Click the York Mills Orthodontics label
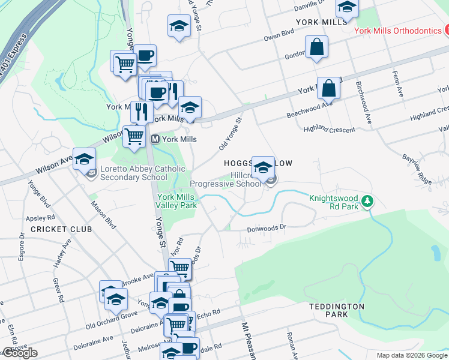point(397,30)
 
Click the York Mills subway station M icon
point(155,139)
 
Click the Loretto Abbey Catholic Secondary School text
point(134,173)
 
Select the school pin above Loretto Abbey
point(85,159)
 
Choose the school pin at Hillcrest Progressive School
point(263,167)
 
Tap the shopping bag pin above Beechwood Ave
point(328,89)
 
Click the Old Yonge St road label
point(230,134)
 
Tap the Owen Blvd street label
point(279,36)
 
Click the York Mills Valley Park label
point(177,201)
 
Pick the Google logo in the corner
point(20,353)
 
